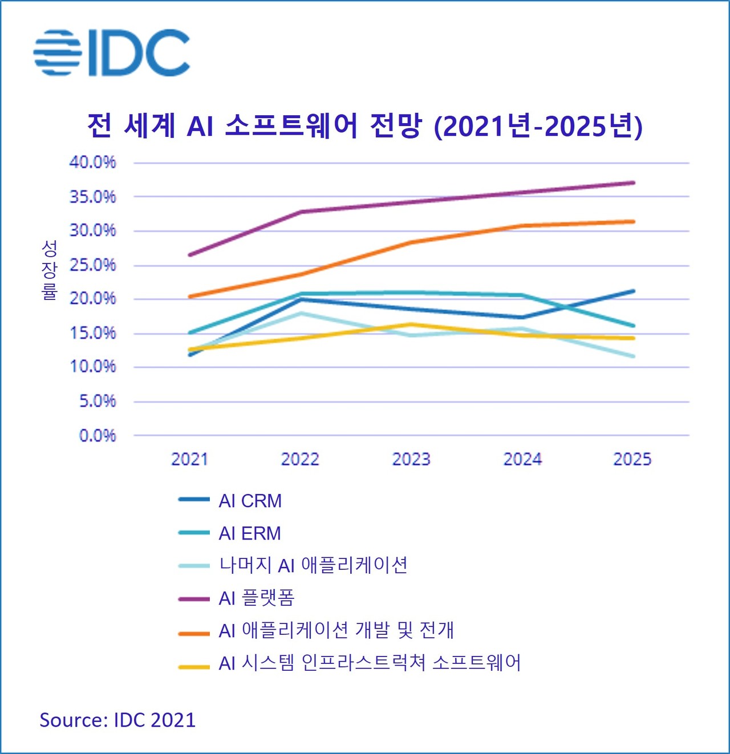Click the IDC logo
coord(112,52)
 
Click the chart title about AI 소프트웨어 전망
coord(365,126)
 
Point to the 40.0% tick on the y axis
coord(92,163)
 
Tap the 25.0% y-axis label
coord(92,265)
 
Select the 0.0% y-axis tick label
coord(97,436)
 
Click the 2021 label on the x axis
coord(189,459)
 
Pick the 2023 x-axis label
coord(411,459)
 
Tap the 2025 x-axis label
coord(632,459)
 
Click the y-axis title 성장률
coord(50,270)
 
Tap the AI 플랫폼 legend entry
coord(256,598)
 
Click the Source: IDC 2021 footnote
coord(117,720)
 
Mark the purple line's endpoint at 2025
coord(633,183)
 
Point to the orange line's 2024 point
coord(522,226)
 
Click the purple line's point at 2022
coord(301,212)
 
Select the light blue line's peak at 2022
coord(301,313)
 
